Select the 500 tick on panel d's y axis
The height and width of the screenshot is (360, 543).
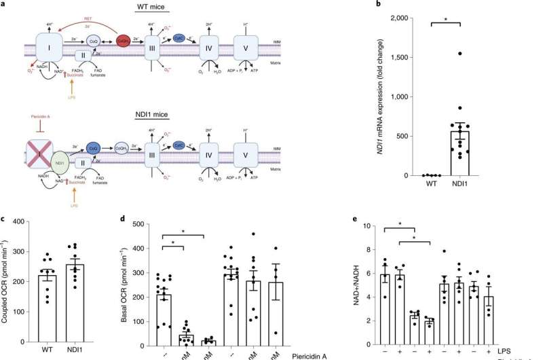(x=141, y=222)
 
